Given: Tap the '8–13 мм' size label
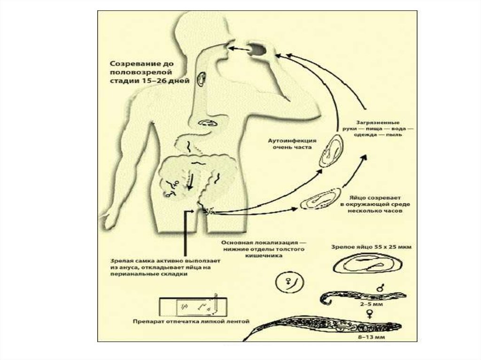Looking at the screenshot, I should click(x=370, y=337).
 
